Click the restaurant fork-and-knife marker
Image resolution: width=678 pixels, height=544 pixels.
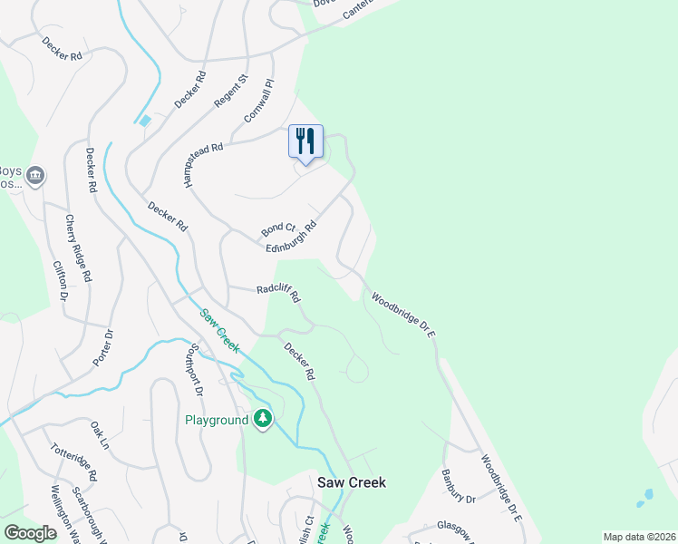coord(305,141)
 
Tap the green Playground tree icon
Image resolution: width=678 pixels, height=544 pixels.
coord(263,419)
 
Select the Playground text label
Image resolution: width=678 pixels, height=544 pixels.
coord(217,421)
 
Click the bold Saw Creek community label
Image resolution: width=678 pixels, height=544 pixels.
coord(351,482)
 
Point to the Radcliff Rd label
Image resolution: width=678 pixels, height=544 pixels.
coord(277,292)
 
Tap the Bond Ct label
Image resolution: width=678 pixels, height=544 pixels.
coord(279,229)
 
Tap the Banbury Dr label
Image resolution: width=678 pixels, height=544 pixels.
coord(458,486)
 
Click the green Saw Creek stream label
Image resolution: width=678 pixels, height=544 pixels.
coord(219,331)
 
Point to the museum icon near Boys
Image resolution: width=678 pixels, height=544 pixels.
coord(35,175)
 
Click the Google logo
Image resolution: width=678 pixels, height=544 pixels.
coord(31,533)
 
